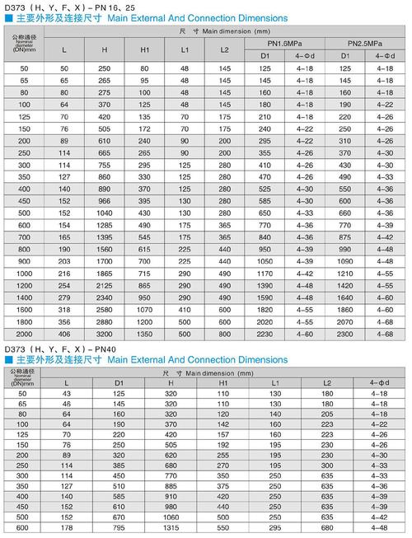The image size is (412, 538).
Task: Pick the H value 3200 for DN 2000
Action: point(104,336)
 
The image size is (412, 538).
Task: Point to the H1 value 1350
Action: point(144,336)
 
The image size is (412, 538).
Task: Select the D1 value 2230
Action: point(265,336)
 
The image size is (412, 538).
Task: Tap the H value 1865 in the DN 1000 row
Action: point(104,272)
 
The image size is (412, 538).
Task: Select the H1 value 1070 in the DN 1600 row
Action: point(144,309)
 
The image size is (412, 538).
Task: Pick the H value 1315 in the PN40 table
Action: point(171,528)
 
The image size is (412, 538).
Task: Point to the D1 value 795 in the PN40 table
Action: point(119,528)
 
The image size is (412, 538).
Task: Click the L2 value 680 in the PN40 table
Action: point(327,528)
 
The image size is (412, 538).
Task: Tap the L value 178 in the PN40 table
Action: point(67,528)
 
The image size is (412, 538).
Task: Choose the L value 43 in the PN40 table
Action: point(67,395)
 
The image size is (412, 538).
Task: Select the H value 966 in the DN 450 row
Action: point(104,200)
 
